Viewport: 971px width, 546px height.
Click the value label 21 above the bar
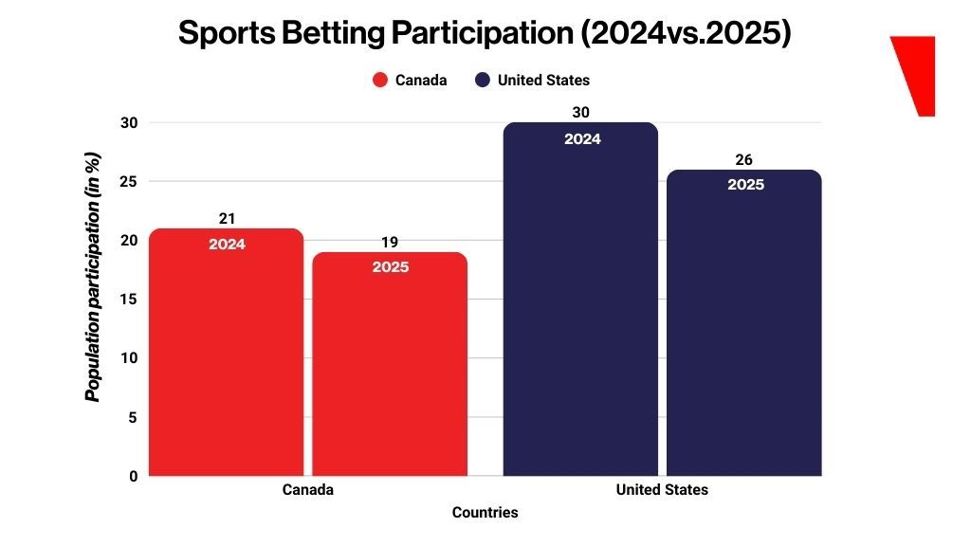(227, 219)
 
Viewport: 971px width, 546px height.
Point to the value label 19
(390, 243)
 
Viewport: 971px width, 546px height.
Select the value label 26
(744, 160)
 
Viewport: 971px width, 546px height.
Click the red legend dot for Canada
(380, 81)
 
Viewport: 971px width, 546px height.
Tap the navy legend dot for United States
(483, 81)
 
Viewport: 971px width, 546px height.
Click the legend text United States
(543, 81)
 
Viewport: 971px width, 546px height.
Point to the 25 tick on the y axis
(130, 181)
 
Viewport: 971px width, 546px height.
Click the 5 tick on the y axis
(134, 417)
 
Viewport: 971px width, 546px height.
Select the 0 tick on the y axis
(134, 476)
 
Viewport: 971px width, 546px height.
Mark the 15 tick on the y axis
(130, 300)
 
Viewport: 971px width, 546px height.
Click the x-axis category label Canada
(308, 490)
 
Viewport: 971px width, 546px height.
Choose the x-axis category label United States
(662, 490)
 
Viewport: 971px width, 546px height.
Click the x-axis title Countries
(485, 513)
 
